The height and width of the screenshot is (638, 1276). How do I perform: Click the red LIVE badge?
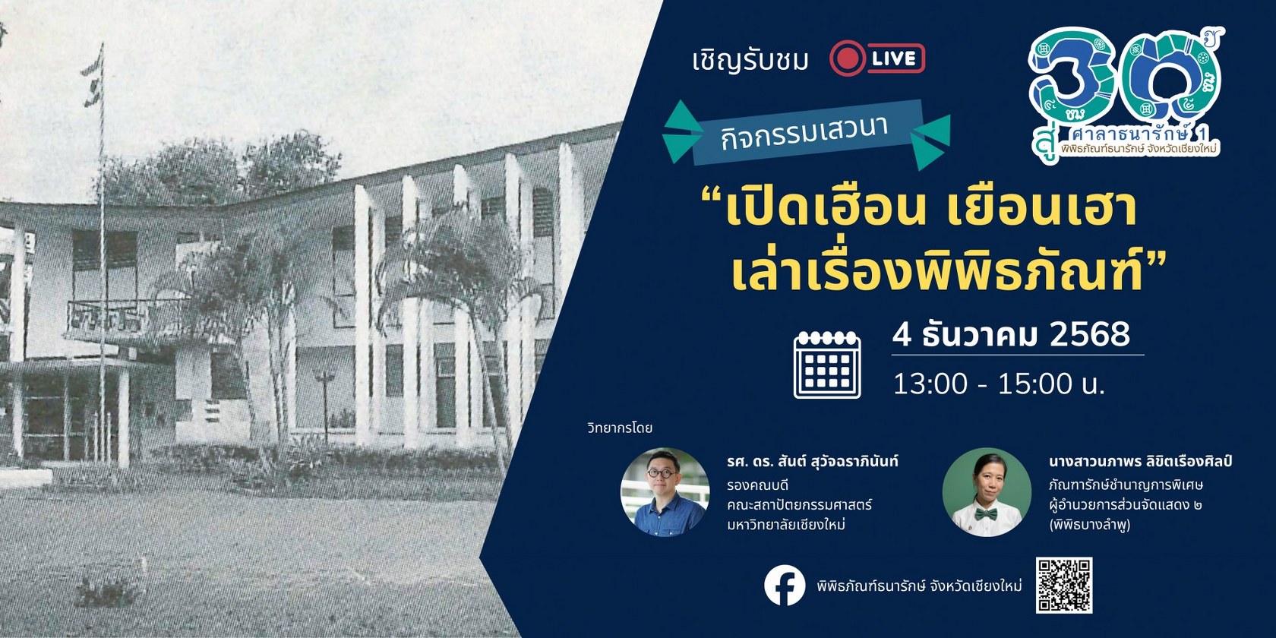(x=877, y=58)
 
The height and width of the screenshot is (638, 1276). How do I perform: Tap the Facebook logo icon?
(x=785, y=586)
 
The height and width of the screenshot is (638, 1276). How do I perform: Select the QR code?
(x=1063, y=585)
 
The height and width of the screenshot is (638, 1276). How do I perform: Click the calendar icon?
(x=826, y=365)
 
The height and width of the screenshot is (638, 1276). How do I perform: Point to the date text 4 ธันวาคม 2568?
(x=1011, y=334)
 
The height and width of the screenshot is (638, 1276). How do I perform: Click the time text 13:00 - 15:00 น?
(x=998, y=384)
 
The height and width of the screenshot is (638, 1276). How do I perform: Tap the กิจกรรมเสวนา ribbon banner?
(x=806, y=133)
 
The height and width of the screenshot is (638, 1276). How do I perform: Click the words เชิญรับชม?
(x=750, y=60)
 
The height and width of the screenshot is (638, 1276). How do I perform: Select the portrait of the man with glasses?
(x=665, y=491)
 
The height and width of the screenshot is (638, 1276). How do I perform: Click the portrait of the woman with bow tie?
(x=987, y=492)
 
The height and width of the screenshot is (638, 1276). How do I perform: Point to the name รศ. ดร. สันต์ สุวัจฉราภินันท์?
(x=812, y=461)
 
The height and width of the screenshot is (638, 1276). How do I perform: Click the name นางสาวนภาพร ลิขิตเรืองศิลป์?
(x=1139, y=461)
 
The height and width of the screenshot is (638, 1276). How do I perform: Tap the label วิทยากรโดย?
(x=620, y=428)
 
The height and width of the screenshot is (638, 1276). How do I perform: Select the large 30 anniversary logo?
(x=1124, y=91)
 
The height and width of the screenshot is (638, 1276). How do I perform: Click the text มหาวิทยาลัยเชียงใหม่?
(x=786, y=525)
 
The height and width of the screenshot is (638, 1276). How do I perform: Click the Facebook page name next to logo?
(x=919, y=586)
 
